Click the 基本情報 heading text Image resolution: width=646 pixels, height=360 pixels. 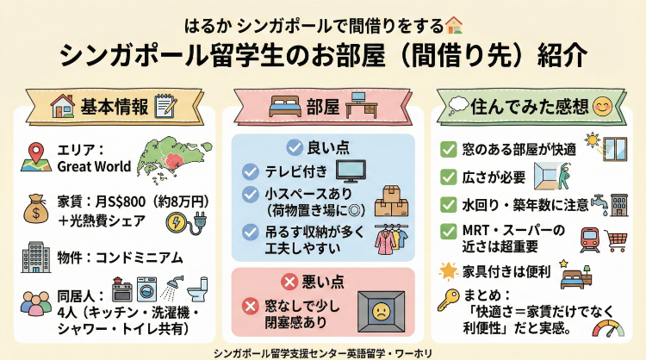tap(115, 106)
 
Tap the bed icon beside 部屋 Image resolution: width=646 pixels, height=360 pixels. tap(284, 107)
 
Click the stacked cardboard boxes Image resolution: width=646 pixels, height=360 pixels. tap(393, 201)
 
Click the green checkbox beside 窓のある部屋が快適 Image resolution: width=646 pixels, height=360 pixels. tap(449, 149)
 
